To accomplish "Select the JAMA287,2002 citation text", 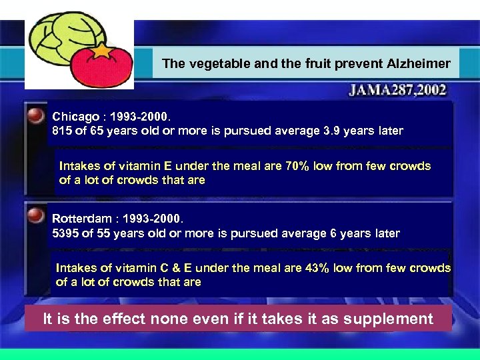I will click(x=397, y=90).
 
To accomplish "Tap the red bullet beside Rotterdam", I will click(x=36, y=215).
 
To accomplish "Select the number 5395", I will click(x=65, y=233).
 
